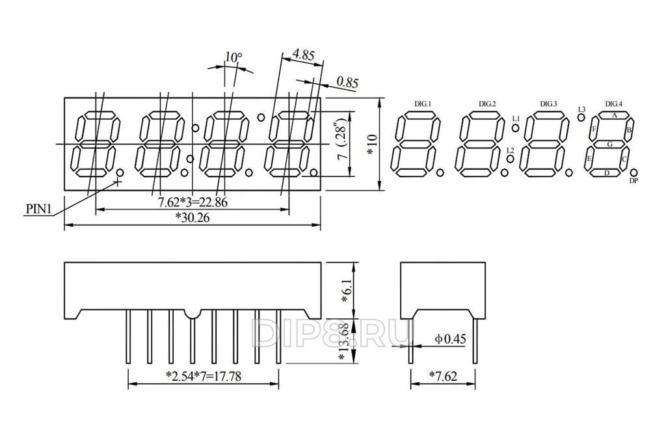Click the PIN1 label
(x=38, y=209)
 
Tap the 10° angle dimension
(x=233, y=57)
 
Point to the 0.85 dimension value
(x=347, y=81)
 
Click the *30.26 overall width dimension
(x=193, y=217)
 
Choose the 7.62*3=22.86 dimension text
(x=193, y=202)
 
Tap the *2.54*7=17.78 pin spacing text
(x=204, y=376)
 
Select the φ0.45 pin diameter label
(x=450, y=339)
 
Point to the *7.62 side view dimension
(x=443, y=376)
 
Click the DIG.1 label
(x=423, y=104)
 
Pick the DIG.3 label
(x=548, y=104)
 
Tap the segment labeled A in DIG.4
(x=614, y=115)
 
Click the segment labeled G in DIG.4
(x=609, y=145)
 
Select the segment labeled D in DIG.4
(x=606, y=173)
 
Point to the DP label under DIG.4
(x=634, y=181)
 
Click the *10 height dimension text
(x=371, y=145)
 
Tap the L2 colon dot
(x=510, y=159)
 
